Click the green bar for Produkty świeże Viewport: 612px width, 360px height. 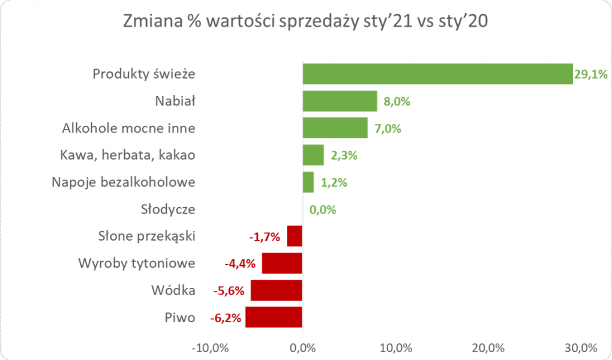438,73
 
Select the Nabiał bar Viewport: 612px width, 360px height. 340,101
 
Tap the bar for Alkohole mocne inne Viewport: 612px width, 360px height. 335,128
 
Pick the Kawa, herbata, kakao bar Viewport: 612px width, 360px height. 314,155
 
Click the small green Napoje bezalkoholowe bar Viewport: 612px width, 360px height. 308,182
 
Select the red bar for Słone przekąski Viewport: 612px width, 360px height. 294,236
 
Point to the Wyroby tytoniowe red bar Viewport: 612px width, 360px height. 281,263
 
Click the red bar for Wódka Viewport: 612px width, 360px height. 276,290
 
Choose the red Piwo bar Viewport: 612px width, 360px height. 273,317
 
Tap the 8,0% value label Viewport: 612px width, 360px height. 397,101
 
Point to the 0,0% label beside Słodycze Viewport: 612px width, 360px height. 323,210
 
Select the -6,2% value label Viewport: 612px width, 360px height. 226,318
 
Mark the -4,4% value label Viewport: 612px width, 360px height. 241,264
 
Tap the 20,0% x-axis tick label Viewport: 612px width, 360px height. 489,347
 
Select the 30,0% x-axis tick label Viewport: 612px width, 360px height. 581,347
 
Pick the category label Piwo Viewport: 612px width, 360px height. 181,318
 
